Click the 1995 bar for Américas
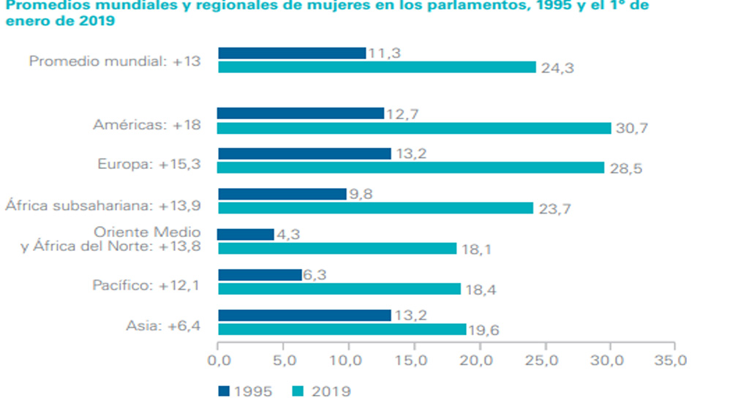point(301,113)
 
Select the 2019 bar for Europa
point(411,167)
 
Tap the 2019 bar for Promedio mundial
point(377,67)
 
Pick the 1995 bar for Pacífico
point(260,274)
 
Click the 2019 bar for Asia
point(342,329)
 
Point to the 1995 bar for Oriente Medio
point(246,235)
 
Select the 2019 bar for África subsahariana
point(376,208)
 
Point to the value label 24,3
point(557,68)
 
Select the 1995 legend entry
point(245,391)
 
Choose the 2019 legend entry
point(322,391)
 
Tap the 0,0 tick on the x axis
point(218,361)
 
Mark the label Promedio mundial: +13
point(116,61)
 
